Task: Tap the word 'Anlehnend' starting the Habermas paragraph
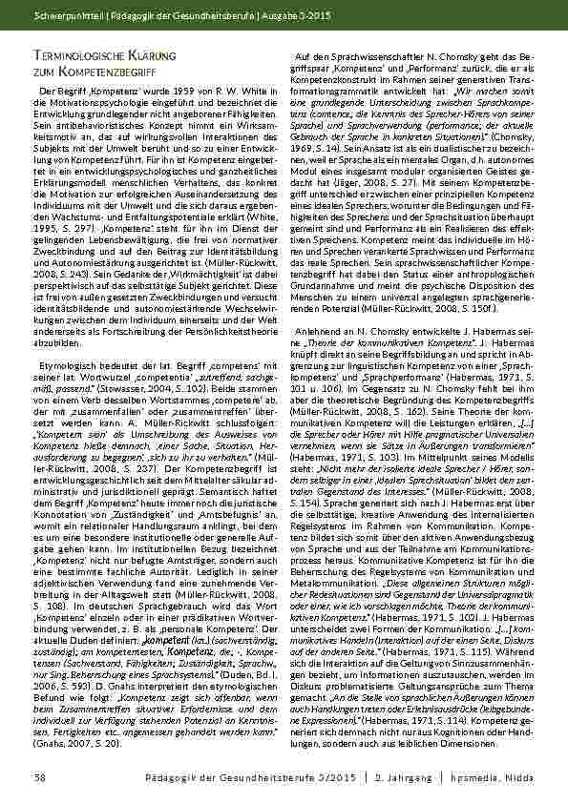pos(325,329)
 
